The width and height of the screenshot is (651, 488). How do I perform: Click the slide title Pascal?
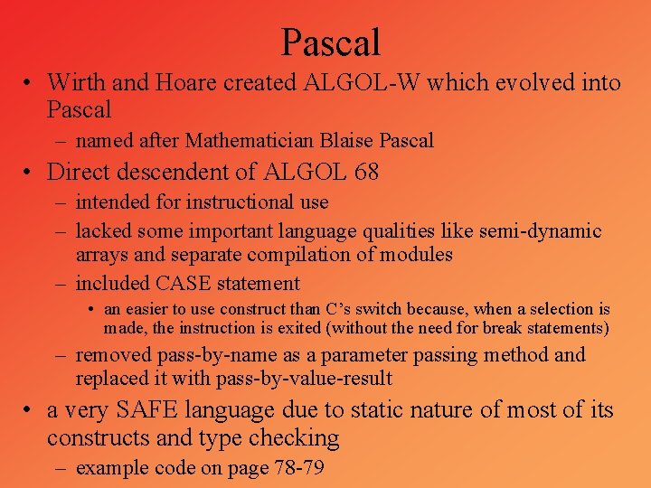point(330,42)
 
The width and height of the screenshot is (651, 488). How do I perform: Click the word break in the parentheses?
point(509,327)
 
